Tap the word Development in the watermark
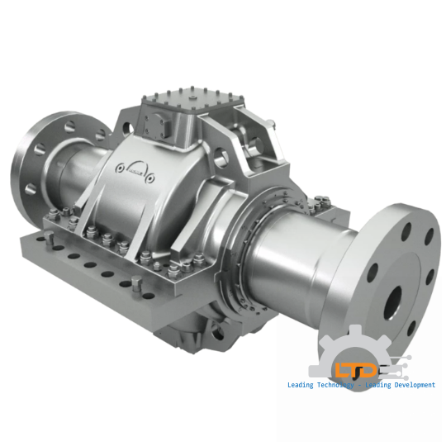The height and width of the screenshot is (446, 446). point(405,385)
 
